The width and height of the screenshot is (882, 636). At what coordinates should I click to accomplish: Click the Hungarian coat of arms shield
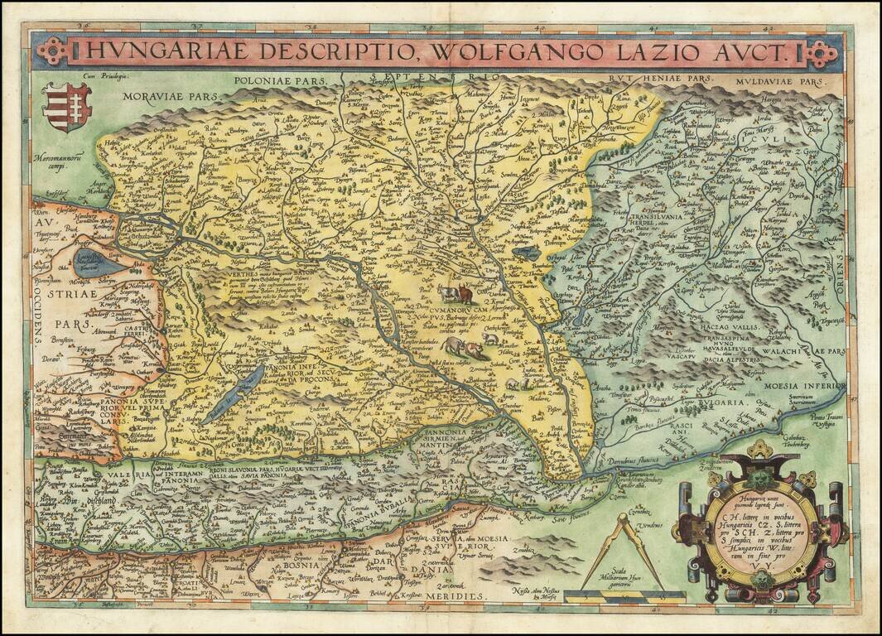point(68,107)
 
